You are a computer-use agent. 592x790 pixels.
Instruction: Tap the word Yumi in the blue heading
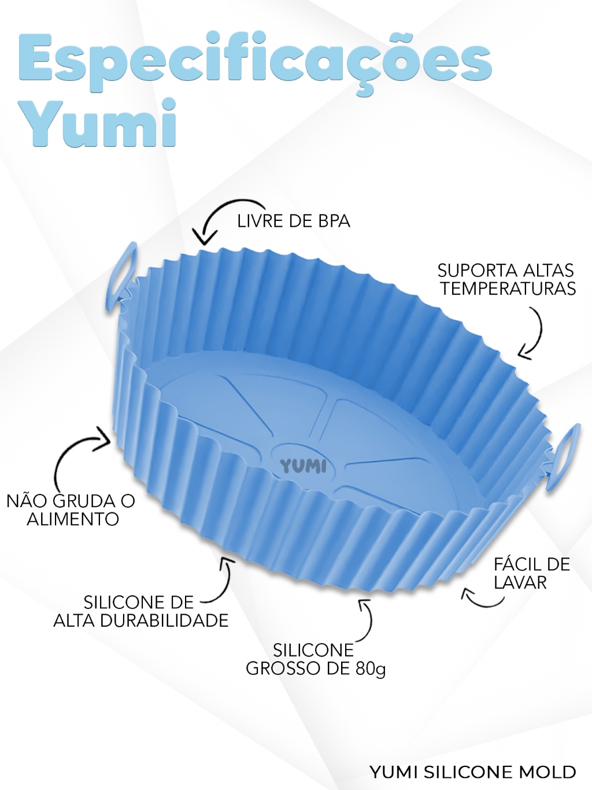[101, 123]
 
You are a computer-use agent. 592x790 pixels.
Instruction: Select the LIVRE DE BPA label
[294, 221]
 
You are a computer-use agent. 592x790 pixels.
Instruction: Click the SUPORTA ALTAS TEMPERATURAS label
[507, 280]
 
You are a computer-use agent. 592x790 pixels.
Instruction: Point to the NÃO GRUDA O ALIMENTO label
[71, 510]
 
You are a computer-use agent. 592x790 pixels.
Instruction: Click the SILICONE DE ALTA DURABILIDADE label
[140, 611]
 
